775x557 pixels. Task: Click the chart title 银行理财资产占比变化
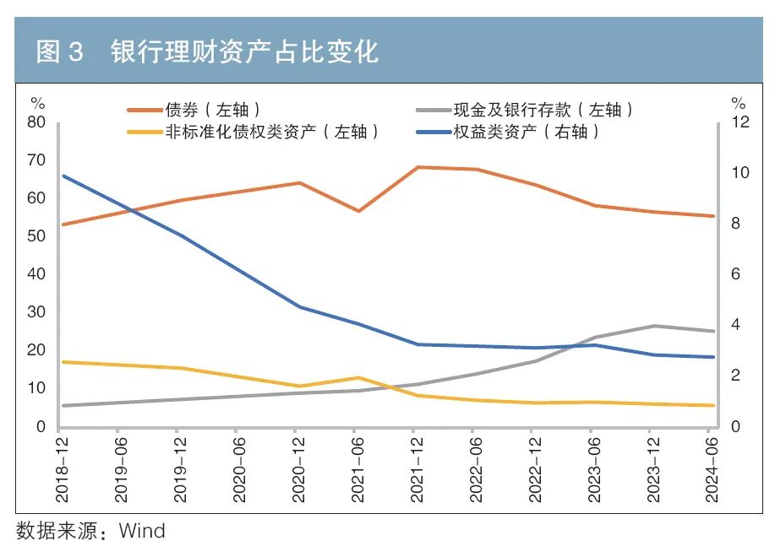244,52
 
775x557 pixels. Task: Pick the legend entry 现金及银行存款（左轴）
542,110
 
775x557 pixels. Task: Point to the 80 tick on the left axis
36,122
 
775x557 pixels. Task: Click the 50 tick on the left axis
36,236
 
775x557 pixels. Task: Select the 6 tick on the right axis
737,274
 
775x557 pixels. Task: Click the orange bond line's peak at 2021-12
418,167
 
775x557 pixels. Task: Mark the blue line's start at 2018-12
64,176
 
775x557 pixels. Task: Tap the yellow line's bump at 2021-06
359,377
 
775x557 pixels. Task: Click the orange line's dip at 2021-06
359,211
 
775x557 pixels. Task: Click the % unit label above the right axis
739,104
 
